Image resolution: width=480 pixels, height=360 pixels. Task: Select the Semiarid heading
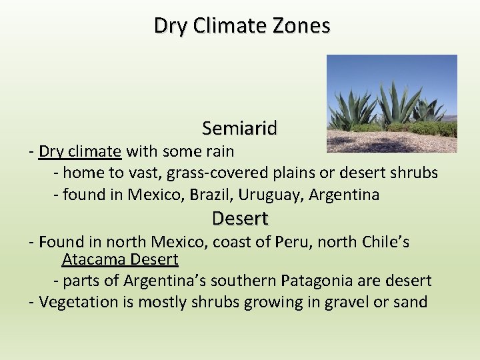coord(239,127)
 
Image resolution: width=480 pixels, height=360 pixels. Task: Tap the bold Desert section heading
coord(239,218)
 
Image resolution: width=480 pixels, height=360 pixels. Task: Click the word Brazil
coord(209,195)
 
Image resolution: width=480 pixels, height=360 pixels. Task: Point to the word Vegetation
coord(78,302)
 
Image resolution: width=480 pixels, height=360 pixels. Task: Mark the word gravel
coord(347,302)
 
